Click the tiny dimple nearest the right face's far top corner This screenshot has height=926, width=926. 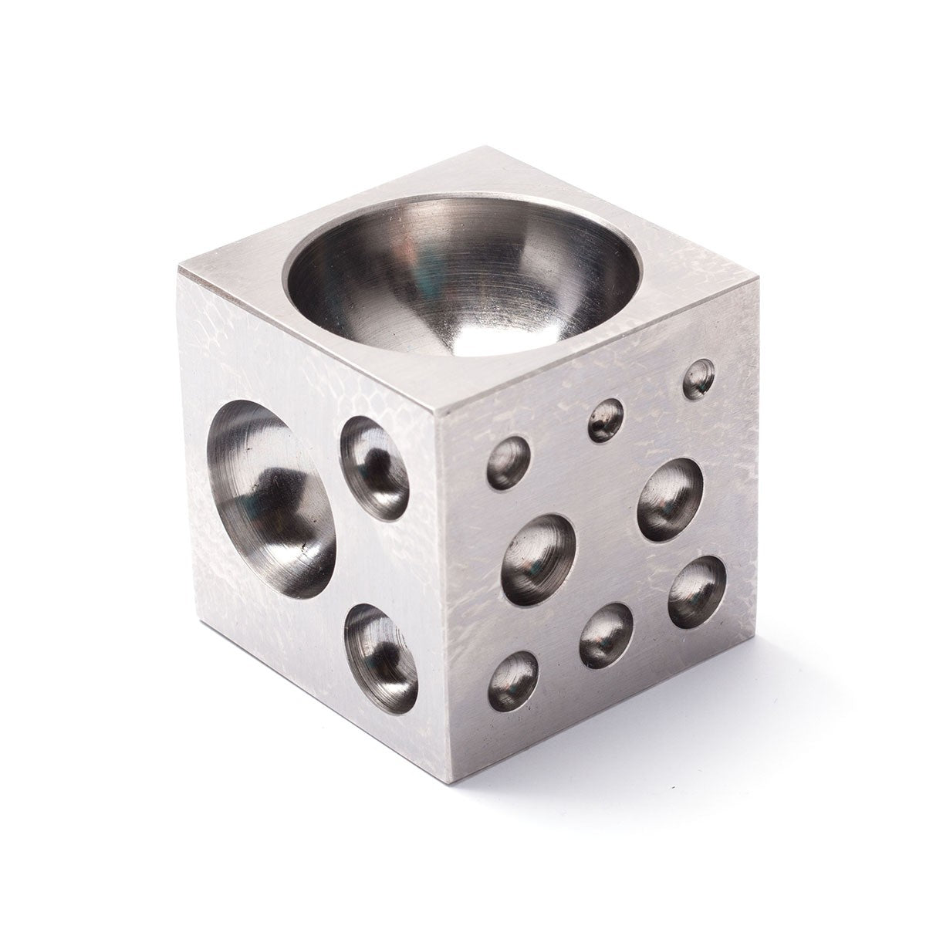699,379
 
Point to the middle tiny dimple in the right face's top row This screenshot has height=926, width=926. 607,420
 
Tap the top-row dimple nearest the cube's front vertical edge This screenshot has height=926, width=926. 509,462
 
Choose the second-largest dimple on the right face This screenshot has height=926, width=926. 670,498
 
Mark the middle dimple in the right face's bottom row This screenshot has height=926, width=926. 606,633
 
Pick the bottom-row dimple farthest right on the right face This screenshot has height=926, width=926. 696,591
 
